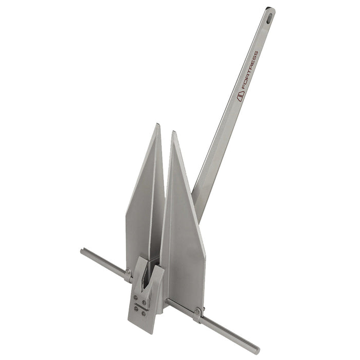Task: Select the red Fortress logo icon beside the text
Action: [x=239, y=96]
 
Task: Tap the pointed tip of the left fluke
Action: [x=158, y=124]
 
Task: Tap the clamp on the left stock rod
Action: [x=128, y=275]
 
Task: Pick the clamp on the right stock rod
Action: [x=197, y=313]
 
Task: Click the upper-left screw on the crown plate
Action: [x=135, y=297]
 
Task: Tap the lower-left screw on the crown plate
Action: [x=135, y=309]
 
